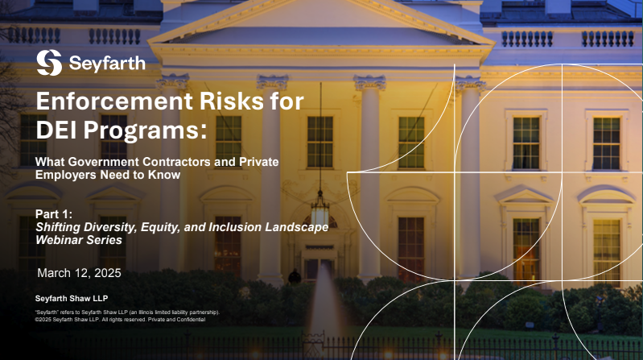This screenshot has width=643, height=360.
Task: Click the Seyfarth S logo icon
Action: click(49, 62)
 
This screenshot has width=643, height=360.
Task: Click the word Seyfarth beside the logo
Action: click(107, 63)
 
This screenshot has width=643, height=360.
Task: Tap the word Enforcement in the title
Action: click(114, 101)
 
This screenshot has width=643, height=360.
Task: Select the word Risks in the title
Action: click(232, 101)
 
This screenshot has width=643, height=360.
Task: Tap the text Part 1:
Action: click(54, 214)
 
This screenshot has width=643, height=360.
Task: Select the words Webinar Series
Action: click(79, 240)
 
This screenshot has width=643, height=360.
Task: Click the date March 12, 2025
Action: click(79, 273)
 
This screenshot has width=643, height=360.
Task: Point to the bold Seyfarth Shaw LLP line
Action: click(72, 299)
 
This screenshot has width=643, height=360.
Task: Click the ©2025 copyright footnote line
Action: click(120, 320)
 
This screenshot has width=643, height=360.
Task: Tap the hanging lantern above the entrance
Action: click(319, 209)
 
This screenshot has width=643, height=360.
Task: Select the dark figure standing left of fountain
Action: click(294, 277)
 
